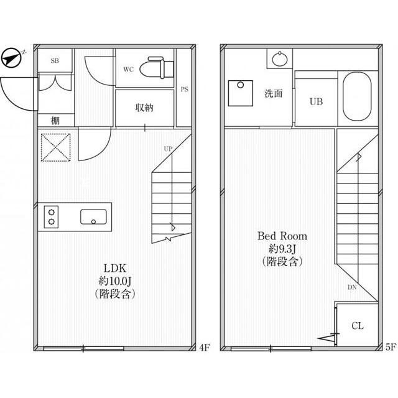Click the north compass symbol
[11, 58]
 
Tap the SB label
[55, 61]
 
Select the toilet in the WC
[157, 68]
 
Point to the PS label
[185, 90]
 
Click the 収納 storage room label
[144, 108]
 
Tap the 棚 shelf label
[55, 120]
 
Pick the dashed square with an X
[56, 147]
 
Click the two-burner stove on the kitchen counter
[51, 217]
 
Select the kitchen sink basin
[93, 217]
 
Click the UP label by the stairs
[168, 149]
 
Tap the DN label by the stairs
[352, 287]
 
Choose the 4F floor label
[205, 347]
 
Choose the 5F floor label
[391, 347]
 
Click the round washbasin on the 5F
[280, 59]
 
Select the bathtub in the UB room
[357, 96]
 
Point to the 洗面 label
[274, 93]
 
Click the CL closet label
[358, 326]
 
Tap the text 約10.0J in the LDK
[115, 281]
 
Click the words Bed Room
[282, 236]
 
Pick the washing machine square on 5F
[241, 93]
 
